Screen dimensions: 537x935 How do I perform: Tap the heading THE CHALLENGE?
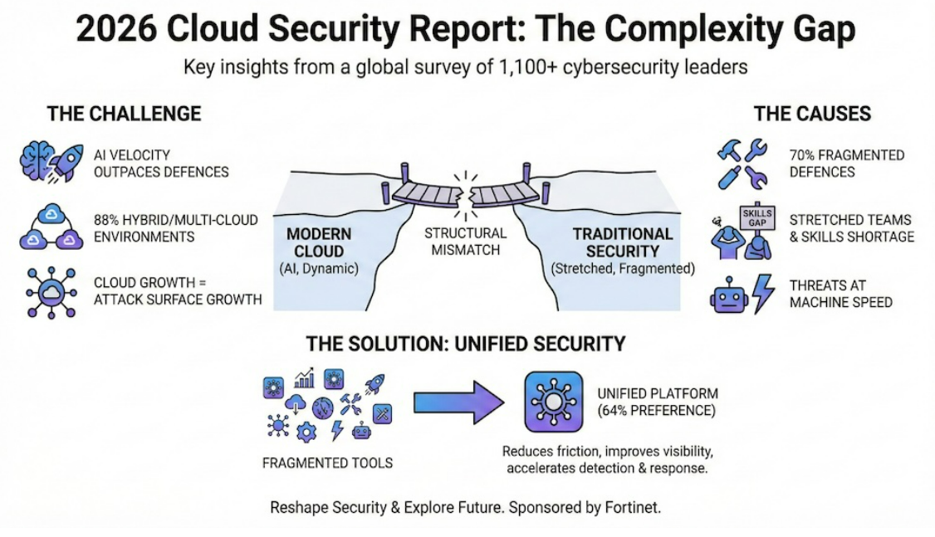(x=124, y=114)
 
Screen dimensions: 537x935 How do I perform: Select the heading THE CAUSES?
(x=812, y=114)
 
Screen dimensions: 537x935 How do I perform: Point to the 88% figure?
(x=109, y=220)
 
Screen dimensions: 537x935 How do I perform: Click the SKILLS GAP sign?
(x=755, y=218)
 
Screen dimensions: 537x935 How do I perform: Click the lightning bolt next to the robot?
(x=763, y=295)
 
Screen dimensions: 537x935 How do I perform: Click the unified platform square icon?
(x=551, y=403)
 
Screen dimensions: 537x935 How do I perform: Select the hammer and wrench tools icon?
(x=742, y=164)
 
